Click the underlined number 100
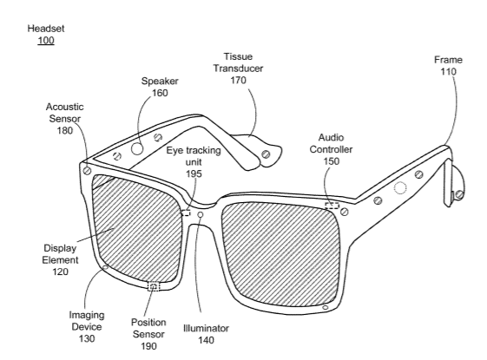pos(46,41)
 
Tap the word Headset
pos(46,29)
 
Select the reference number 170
pos(238,80)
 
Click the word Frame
pos(448,60)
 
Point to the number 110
pos(448,72)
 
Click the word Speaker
pos(160,81)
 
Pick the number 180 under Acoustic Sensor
pos(65,130)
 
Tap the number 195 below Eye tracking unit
pos(194,173)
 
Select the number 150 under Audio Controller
pos(332,161)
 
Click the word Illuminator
pos(206,328)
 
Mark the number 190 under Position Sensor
pos(148,346)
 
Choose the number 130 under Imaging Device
pos(87,338)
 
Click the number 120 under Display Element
pos(60,272)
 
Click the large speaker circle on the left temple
pos(137,149)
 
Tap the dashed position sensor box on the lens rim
pos(153,286)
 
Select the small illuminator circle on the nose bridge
pos(201,214)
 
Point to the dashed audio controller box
pos(332,205)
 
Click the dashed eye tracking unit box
pos(186,213)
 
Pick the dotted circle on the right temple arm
pos(400,187)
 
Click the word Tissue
pos(238,56)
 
